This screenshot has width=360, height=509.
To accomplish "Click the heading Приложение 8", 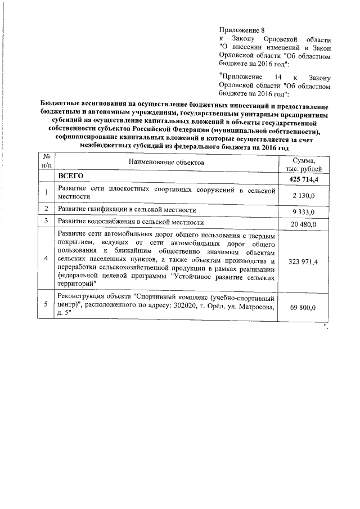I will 240,29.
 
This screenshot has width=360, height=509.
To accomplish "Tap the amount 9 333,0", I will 307,212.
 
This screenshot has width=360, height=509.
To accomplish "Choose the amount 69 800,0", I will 307,309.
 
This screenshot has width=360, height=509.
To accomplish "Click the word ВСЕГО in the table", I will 71,177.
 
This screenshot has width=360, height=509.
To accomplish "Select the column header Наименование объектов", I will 166,163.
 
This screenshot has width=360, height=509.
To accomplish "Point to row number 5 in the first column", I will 46,304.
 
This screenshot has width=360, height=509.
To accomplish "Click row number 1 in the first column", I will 46,192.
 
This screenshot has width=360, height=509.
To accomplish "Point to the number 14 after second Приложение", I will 274,75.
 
